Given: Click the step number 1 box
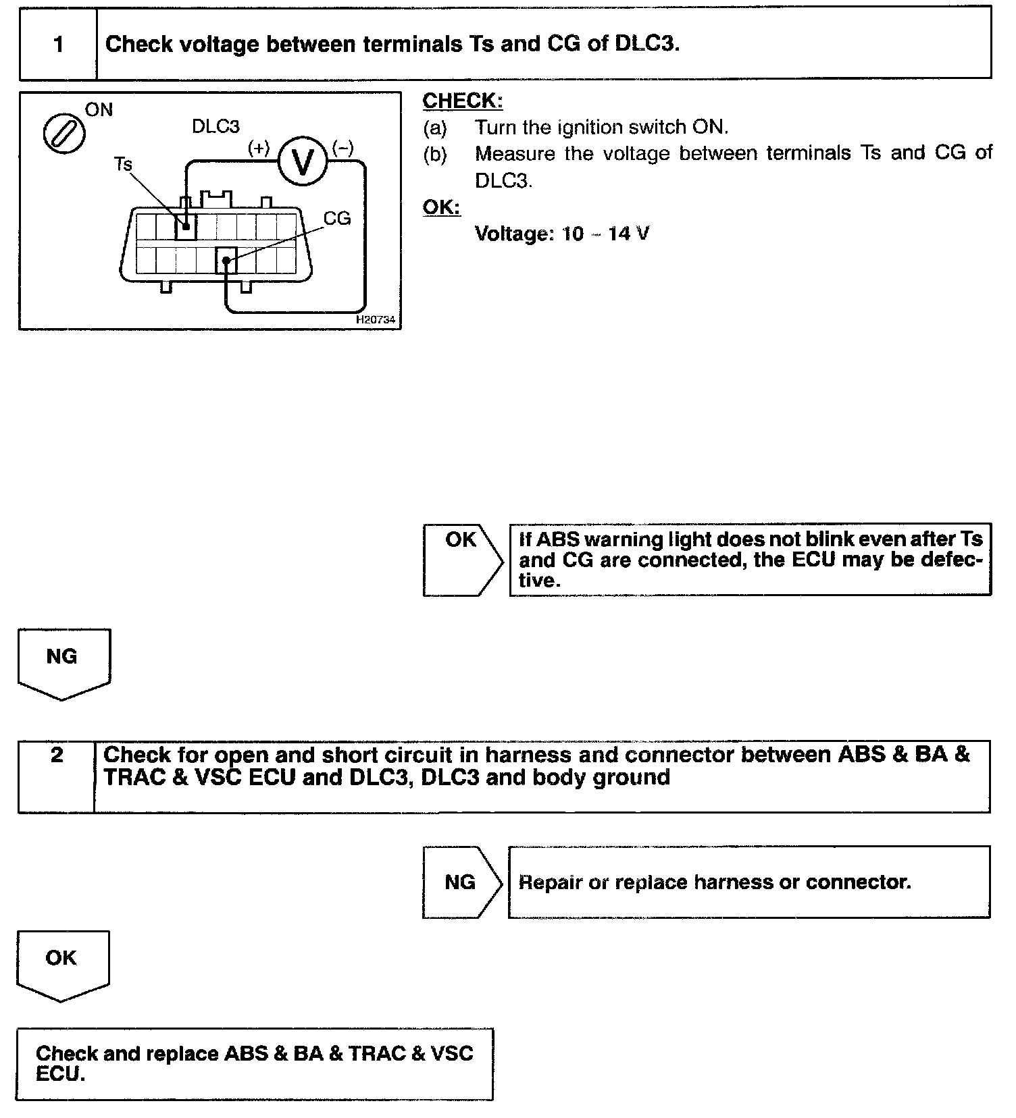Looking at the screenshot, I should coord(58,45).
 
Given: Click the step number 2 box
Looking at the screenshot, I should coord(57,776).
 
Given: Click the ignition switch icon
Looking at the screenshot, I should coord(64,132).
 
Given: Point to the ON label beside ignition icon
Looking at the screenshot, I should coord(99,110).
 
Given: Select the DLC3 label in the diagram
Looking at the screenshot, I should coord(215,126).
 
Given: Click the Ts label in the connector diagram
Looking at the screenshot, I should coord(123,164).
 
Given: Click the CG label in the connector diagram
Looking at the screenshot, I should coord(336,218).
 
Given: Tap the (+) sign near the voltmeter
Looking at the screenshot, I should coord(259,148).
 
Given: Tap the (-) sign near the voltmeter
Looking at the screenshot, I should coord(342,148).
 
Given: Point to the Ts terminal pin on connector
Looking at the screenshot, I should coord(186,226).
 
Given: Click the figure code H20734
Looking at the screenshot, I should coord(376,320).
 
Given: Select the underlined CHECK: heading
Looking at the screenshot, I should coord(463,101).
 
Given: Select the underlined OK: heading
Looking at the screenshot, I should coord(441,207).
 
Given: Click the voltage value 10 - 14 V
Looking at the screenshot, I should coord(562,234).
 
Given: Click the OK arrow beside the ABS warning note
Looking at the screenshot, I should coord(463,559).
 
